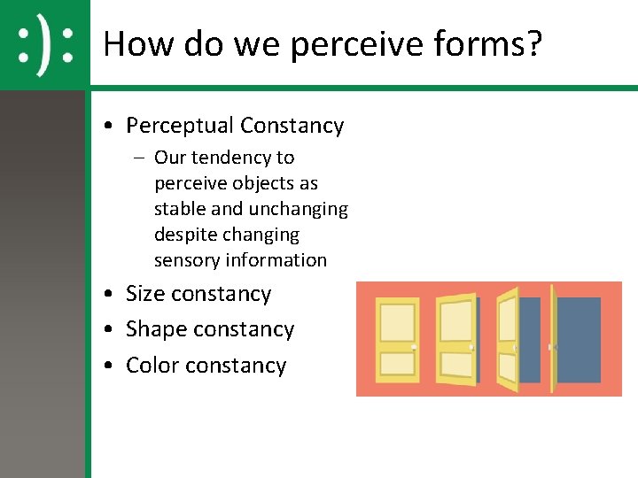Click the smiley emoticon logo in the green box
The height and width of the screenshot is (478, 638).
click(44, 44)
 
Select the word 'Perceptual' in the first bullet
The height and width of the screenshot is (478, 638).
click(179, 126)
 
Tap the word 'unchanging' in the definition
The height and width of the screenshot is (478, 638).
click(298, 209)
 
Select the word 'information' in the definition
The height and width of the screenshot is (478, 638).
click(276, 260)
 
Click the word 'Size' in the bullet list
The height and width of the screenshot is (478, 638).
click(145, 294)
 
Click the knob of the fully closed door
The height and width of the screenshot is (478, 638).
click(415, 346)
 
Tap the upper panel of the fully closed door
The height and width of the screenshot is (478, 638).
click(397, 322)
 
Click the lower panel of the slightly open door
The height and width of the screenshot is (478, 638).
click(455, 364)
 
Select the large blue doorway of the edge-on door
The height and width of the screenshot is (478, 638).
click(579, 340)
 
